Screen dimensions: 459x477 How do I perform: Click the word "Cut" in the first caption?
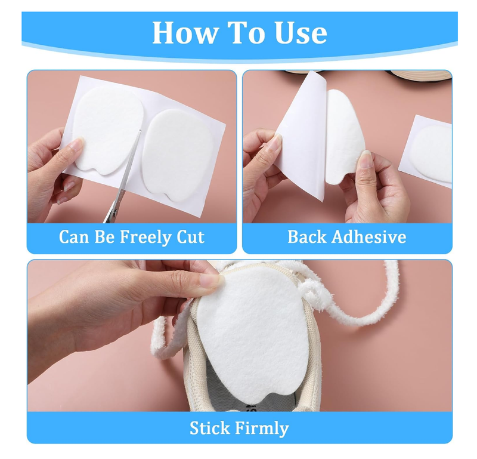pyautogui.click(x=189, y=237)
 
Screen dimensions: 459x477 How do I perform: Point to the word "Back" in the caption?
pyautogui.click(x=307, y=237)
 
